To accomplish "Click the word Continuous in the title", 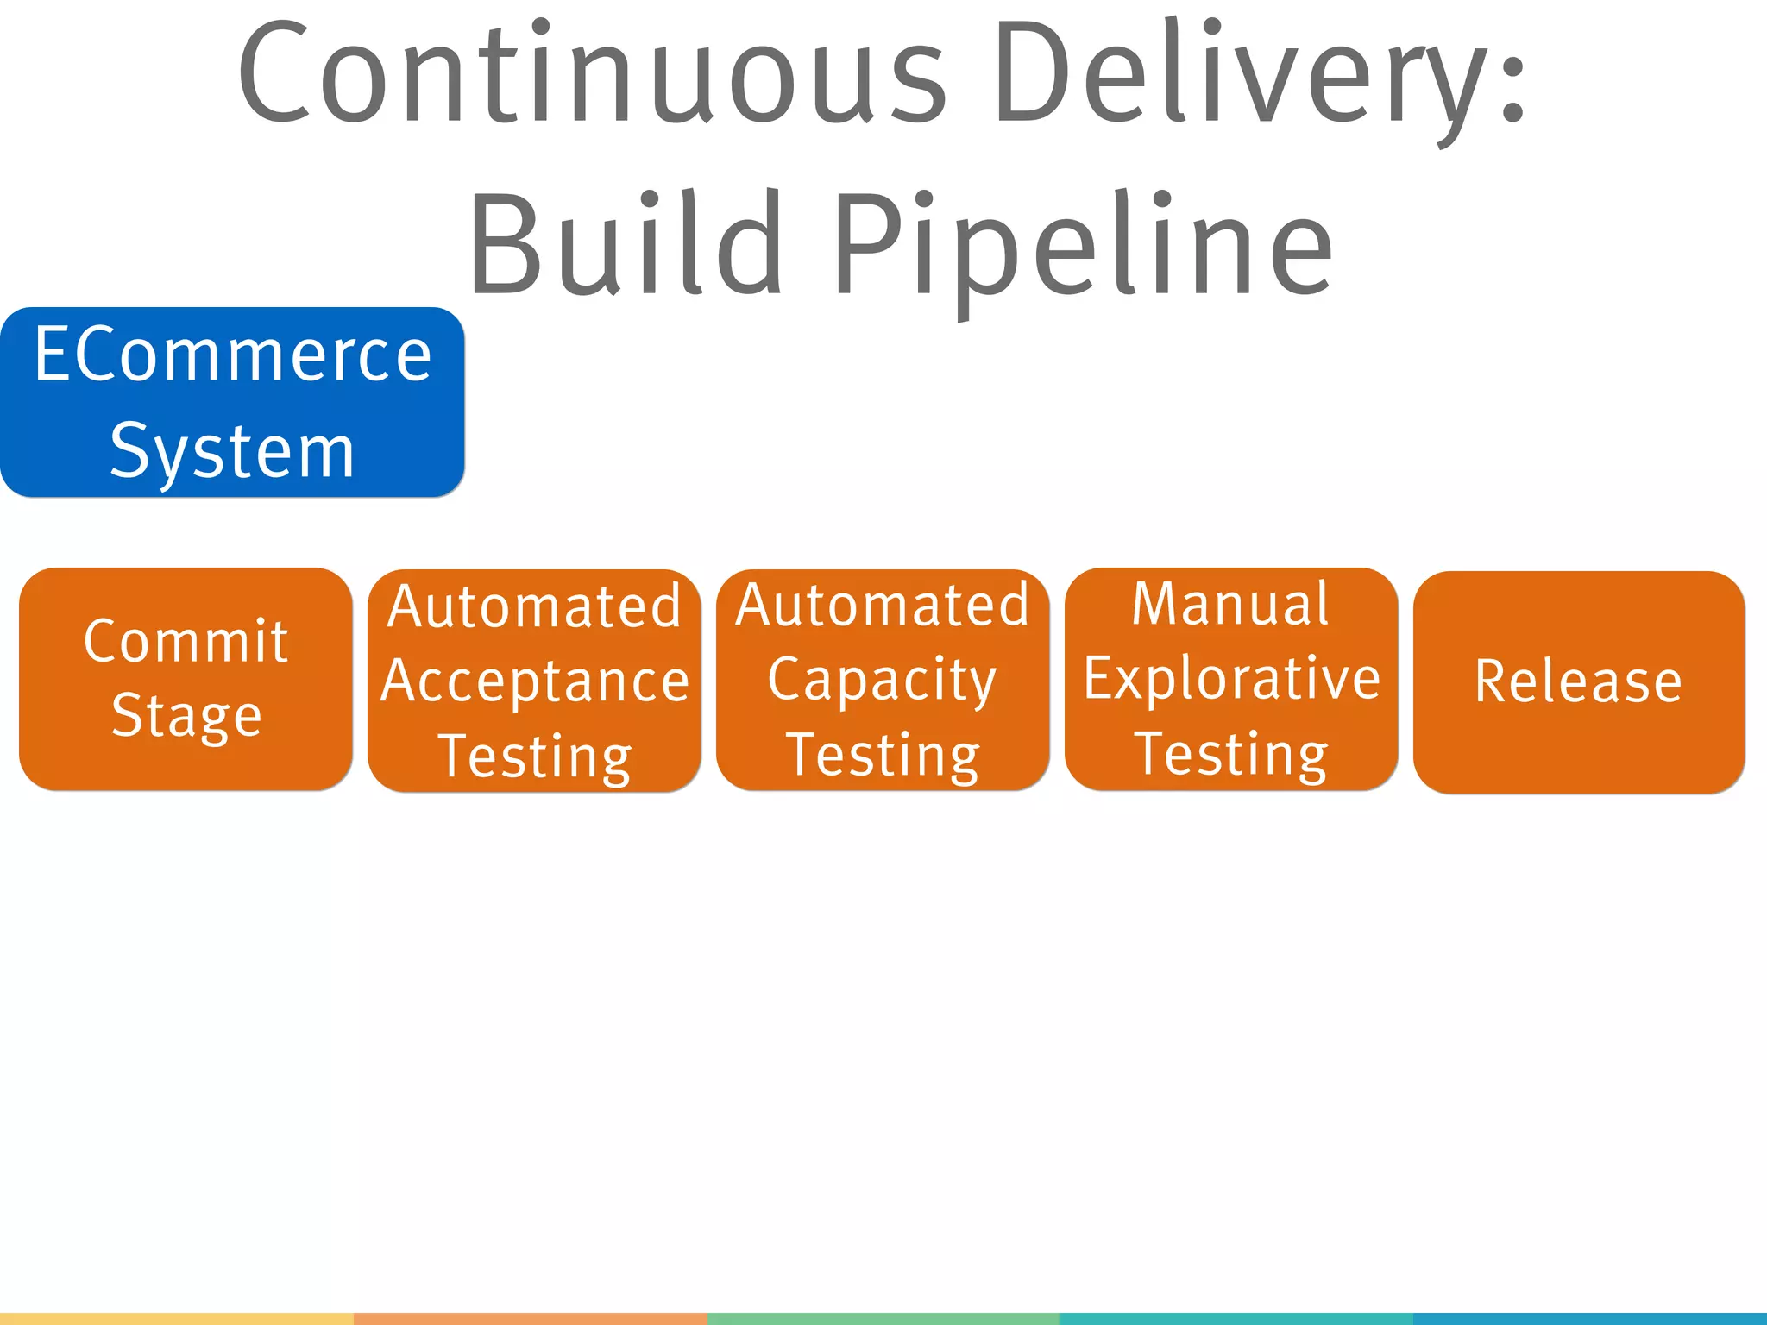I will point(592,73).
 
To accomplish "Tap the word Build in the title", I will point(626,244).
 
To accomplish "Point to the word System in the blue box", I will point(233,451).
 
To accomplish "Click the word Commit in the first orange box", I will point(186,641).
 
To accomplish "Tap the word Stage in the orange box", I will point(186,716).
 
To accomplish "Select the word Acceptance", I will point(535,681).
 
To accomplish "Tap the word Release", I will point(1578,681).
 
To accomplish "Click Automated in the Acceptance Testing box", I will point(535,606).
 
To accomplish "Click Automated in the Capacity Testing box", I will point(882,605).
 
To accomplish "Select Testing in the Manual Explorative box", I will point(1230,754).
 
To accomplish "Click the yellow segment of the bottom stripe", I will point(176,1319).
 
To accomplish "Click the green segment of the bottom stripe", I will point(882,1319).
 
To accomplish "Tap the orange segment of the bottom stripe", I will point(530,1319).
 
